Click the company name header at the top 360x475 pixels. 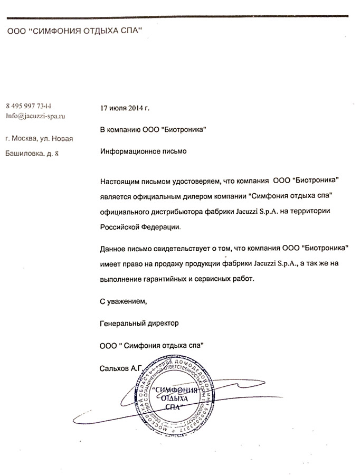point(75,31)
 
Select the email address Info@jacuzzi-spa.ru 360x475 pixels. point(35,115)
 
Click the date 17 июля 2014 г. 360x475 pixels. point(125,108)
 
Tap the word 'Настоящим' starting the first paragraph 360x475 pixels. point(119,182)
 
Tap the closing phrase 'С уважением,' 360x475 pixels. point(121,302)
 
